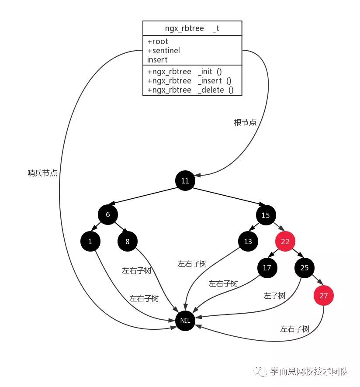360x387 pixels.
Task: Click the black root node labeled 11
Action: [x=185, y=180]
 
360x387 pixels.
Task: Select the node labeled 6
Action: [x=107, y=214]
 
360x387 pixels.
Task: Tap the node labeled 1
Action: [x=90, y=241]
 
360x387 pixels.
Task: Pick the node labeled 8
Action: [x=127, y=241]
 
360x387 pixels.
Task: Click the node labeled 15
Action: [x=266, y=214]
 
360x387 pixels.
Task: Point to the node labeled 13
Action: [x=248, y=241]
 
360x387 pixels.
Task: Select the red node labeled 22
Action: [x=285, y=241]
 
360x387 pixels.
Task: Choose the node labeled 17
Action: [x=267, y=268]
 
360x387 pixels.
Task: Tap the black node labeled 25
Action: [x=305, y=268]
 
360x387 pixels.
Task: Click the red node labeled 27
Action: [x=323, y=295]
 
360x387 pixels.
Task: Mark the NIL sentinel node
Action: [x=185, y=320]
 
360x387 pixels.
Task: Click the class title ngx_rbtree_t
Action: [x=192, y=28]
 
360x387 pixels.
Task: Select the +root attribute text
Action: [x=158, y=41]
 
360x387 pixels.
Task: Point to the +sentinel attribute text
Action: [x=163, y=51]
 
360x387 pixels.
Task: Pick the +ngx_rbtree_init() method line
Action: [x=185, y=72]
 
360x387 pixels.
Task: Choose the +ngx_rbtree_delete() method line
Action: [x=190, y=90]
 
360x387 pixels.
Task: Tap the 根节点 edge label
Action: [x=245, y=123]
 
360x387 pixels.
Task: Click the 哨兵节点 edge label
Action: [x=42, y=173]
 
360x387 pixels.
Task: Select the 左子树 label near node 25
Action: [x=274, y=296]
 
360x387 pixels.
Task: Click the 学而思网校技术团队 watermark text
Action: [x=308, y=371]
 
